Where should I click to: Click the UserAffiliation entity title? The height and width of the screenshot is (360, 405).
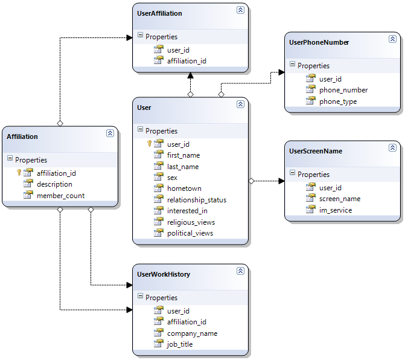tap(159, 13)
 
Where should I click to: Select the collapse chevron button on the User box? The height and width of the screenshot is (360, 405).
tap(240, 104)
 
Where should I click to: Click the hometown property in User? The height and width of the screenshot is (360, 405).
tap(184, 188)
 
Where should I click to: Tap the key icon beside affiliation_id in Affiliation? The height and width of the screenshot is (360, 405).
tap(19, 173)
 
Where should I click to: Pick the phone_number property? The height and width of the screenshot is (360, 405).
tap(343, 90)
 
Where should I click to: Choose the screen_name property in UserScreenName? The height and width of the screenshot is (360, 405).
tap(339, 199)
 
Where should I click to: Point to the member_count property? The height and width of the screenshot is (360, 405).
tap(60, 196)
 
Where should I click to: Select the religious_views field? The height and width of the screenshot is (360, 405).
tap(191, 222)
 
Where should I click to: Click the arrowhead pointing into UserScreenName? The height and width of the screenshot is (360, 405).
tap(281, 181)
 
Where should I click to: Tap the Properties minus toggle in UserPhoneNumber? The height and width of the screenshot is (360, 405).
tap(292, 65)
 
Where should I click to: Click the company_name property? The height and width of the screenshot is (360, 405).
tap(192, 333)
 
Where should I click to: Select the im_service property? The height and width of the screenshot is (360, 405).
tap(336, 210)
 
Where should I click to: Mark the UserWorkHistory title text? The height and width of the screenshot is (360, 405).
tap(164, 274)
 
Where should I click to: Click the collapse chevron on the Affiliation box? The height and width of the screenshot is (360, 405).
tap(110, 133)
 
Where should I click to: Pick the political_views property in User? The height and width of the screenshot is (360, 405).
tap(190, 233)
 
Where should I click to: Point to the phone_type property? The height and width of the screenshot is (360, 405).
tap(337, 101)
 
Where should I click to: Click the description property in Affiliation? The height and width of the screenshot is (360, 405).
tap(54, 184)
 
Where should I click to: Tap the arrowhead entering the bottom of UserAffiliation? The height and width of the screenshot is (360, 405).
tap(190, 76)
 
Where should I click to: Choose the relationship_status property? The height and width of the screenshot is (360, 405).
tap(196, 200)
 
